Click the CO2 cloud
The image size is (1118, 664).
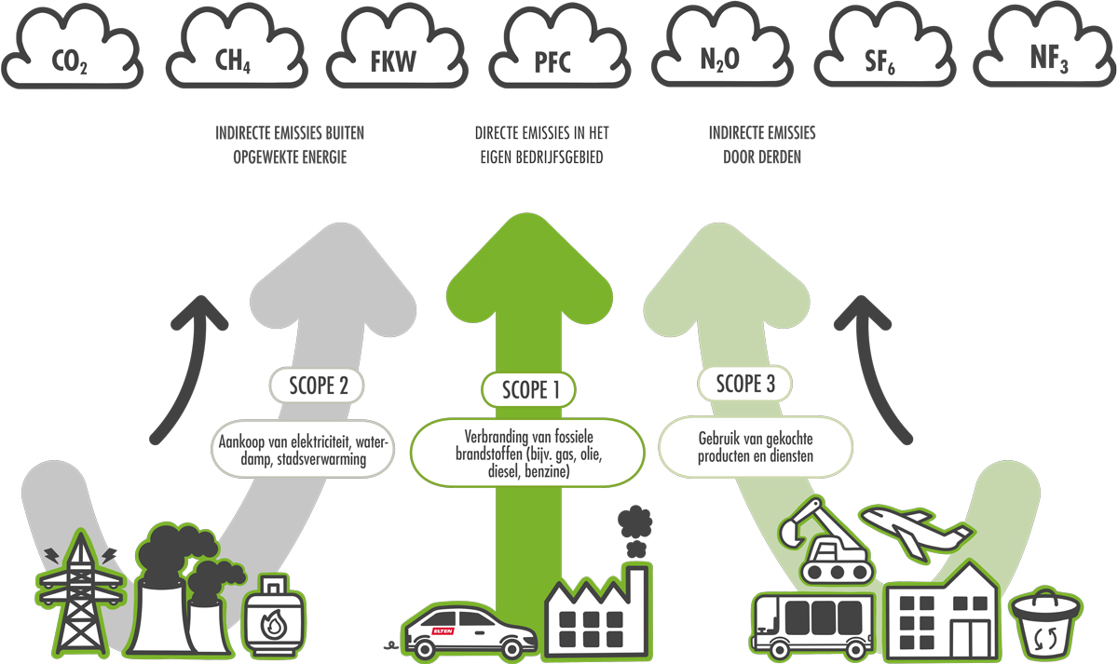click(72, 48)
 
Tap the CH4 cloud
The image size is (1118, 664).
click(237, 48)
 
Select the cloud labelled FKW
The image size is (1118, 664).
click(397, 48)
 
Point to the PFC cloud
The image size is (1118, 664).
click(560, 48)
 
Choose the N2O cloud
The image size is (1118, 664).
click(722, 48)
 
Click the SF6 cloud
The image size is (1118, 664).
click(885, 48)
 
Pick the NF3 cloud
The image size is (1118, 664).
click(1044, 48)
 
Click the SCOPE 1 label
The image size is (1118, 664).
click(528, 389)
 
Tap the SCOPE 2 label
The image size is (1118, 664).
click(317, 386)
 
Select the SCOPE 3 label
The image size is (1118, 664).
click(744, 384)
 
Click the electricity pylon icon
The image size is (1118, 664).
click(80, 593)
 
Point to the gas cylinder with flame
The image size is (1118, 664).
click(274, 616)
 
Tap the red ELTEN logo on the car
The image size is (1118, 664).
click(443, 631)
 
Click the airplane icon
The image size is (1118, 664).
click(917, 534)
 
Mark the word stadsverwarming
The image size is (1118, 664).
click(321, 459)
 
